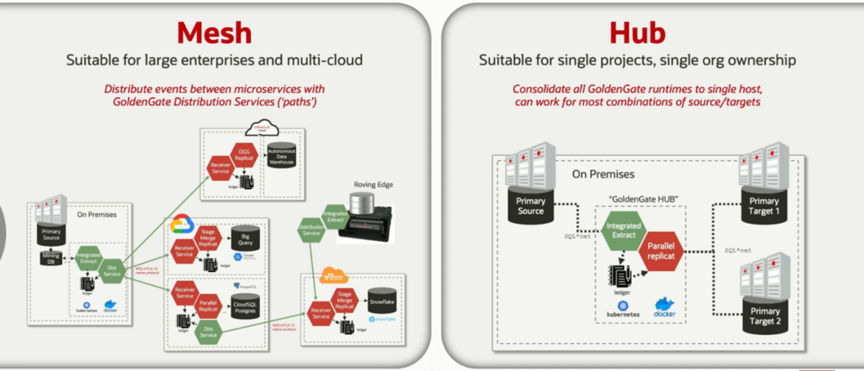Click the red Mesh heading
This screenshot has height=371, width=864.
coord(214,33)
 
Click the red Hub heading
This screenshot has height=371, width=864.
coord(637,33)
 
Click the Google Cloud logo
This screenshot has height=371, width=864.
coord(183,224)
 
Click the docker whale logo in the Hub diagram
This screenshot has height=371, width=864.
coord(664,305)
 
